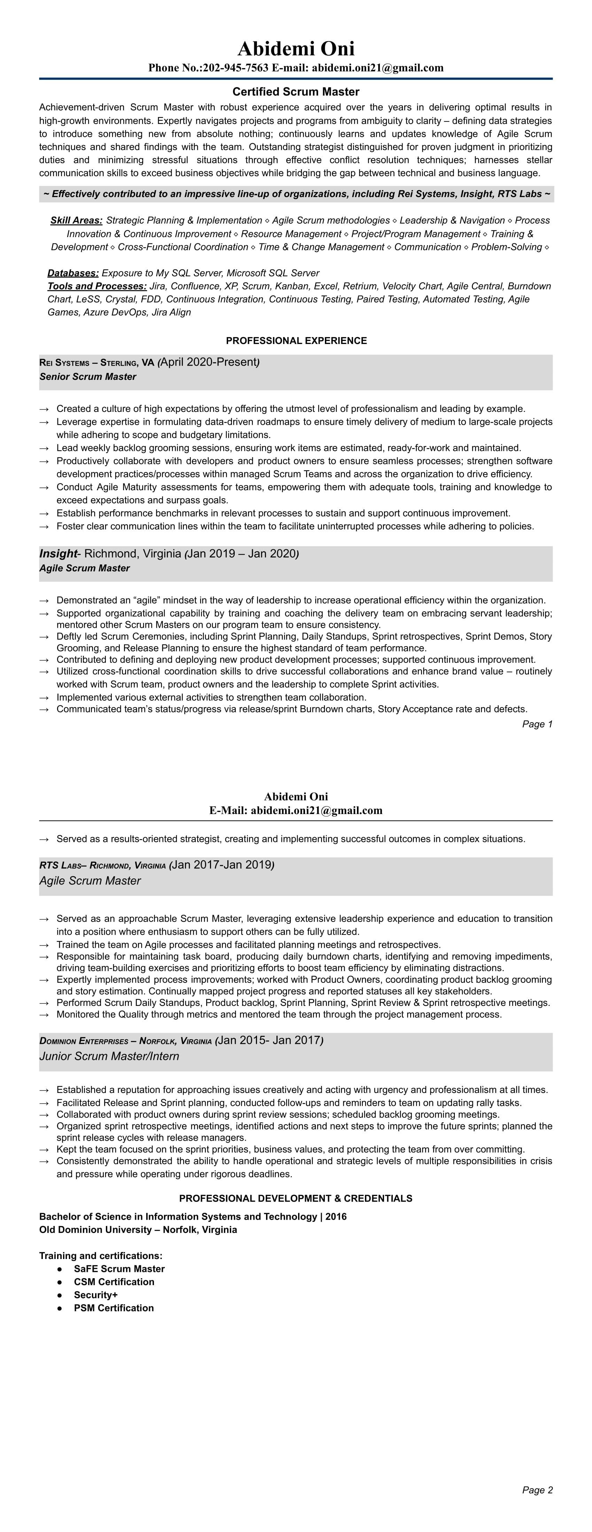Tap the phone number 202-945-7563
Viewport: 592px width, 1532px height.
[236, 68]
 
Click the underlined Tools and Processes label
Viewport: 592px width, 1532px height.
[97, 287]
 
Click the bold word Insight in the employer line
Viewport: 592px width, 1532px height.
[58, 554]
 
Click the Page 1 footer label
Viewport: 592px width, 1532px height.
[537, 724]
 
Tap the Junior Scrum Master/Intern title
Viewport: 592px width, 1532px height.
[109, 1056]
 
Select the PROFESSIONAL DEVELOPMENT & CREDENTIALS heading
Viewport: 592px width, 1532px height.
[296, 1198]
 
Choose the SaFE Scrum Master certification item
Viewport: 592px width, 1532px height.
[119, 1268]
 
